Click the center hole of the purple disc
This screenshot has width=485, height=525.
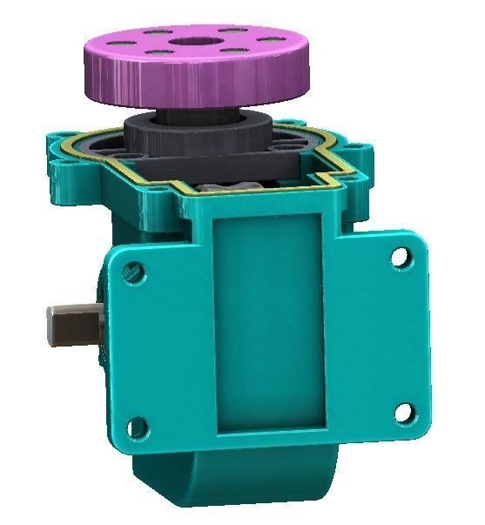185,42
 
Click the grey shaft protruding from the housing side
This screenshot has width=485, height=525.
75,324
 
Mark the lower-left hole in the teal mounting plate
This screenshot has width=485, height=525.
136,427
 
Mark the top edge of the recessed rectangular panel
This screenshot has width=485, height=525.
271,213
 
